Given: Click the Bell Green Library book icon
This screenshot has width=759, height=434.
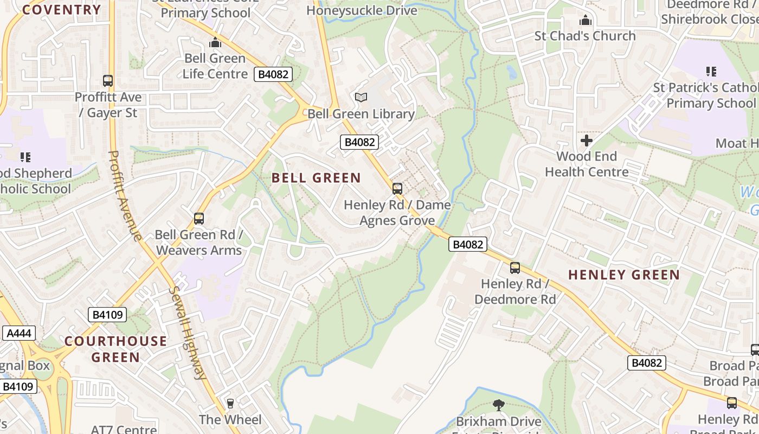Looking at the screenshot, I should pos(361,98).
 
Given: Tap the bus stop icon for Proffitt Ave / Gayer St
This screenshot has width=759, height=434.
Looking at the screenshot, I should pos(108,81).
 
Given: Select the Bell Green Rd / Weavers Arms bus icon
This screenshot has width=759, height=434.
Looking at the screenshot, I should pos(199,219).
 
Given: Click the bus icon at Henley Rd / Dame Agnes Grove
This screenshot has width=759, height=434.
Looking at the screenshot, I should pos(397,189).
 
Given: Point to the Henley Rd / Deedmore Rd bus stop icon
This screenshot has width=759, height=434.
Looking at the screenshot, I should pos(515,268).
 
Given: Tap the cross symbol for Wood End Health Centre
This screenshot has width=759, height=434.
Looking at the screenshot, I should pos(587,141).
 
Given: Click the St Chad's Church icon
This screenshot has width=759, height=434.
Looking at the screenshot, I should pos(586,21).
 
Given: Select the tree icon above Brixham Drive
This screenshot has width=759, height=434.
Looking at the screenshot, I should pos(499,405).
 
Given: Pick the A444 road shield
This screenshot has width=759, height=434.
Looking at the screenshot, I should pos(19,333).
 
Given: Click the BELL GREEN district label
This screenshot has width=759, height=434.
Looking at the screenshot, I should pos(316,178).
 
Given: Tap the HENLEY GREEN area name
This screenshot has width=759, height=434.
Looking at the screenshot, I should pos(624,275).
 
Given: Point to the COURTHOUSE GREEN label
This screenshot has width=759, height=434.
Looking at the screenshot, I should pos(115,349).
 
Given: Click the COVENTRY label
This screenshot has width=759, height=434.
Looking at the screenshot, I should pos(62,10).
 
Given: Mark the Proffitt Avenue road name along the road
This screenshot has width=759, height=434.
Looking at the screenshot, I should pos(125,195).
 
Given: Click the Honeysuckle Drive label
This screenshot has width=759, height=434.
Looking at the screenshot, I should pos(362,10).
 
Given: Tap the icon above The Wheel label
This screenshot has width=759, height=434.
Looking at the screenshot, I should pos(230,404).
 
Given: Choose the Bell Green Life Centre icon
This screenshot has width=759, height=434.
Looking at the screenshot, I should pos(215,42).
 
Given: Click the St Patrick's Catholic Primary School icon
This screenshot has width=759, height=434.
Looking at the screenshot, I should pos(711,72).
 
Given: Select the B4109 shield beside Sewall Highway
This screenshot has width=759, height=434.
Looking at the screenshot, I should pos(107,315).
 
